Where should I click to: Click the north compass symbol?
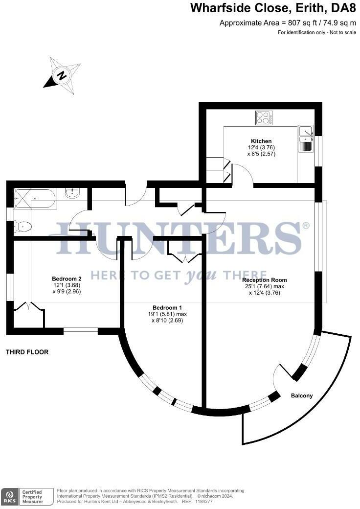(x=62, y=76)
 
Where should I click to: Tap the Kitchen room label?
(x=261, y=141)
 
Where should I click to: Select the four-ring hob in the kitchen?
(x=264, y=118)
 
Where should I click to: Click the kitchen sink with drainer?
(x=306, y=139)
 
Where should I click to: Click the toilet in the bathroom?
(x=22, y=226)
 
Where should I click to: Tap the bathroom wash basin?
(x=72, y=193)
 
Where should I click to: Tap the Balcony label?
(x=302, y=395)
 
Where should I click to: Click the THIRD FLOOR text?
(x=27, y=352)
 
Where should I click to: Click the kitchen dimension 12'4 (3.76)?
(x=261, y=147)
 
